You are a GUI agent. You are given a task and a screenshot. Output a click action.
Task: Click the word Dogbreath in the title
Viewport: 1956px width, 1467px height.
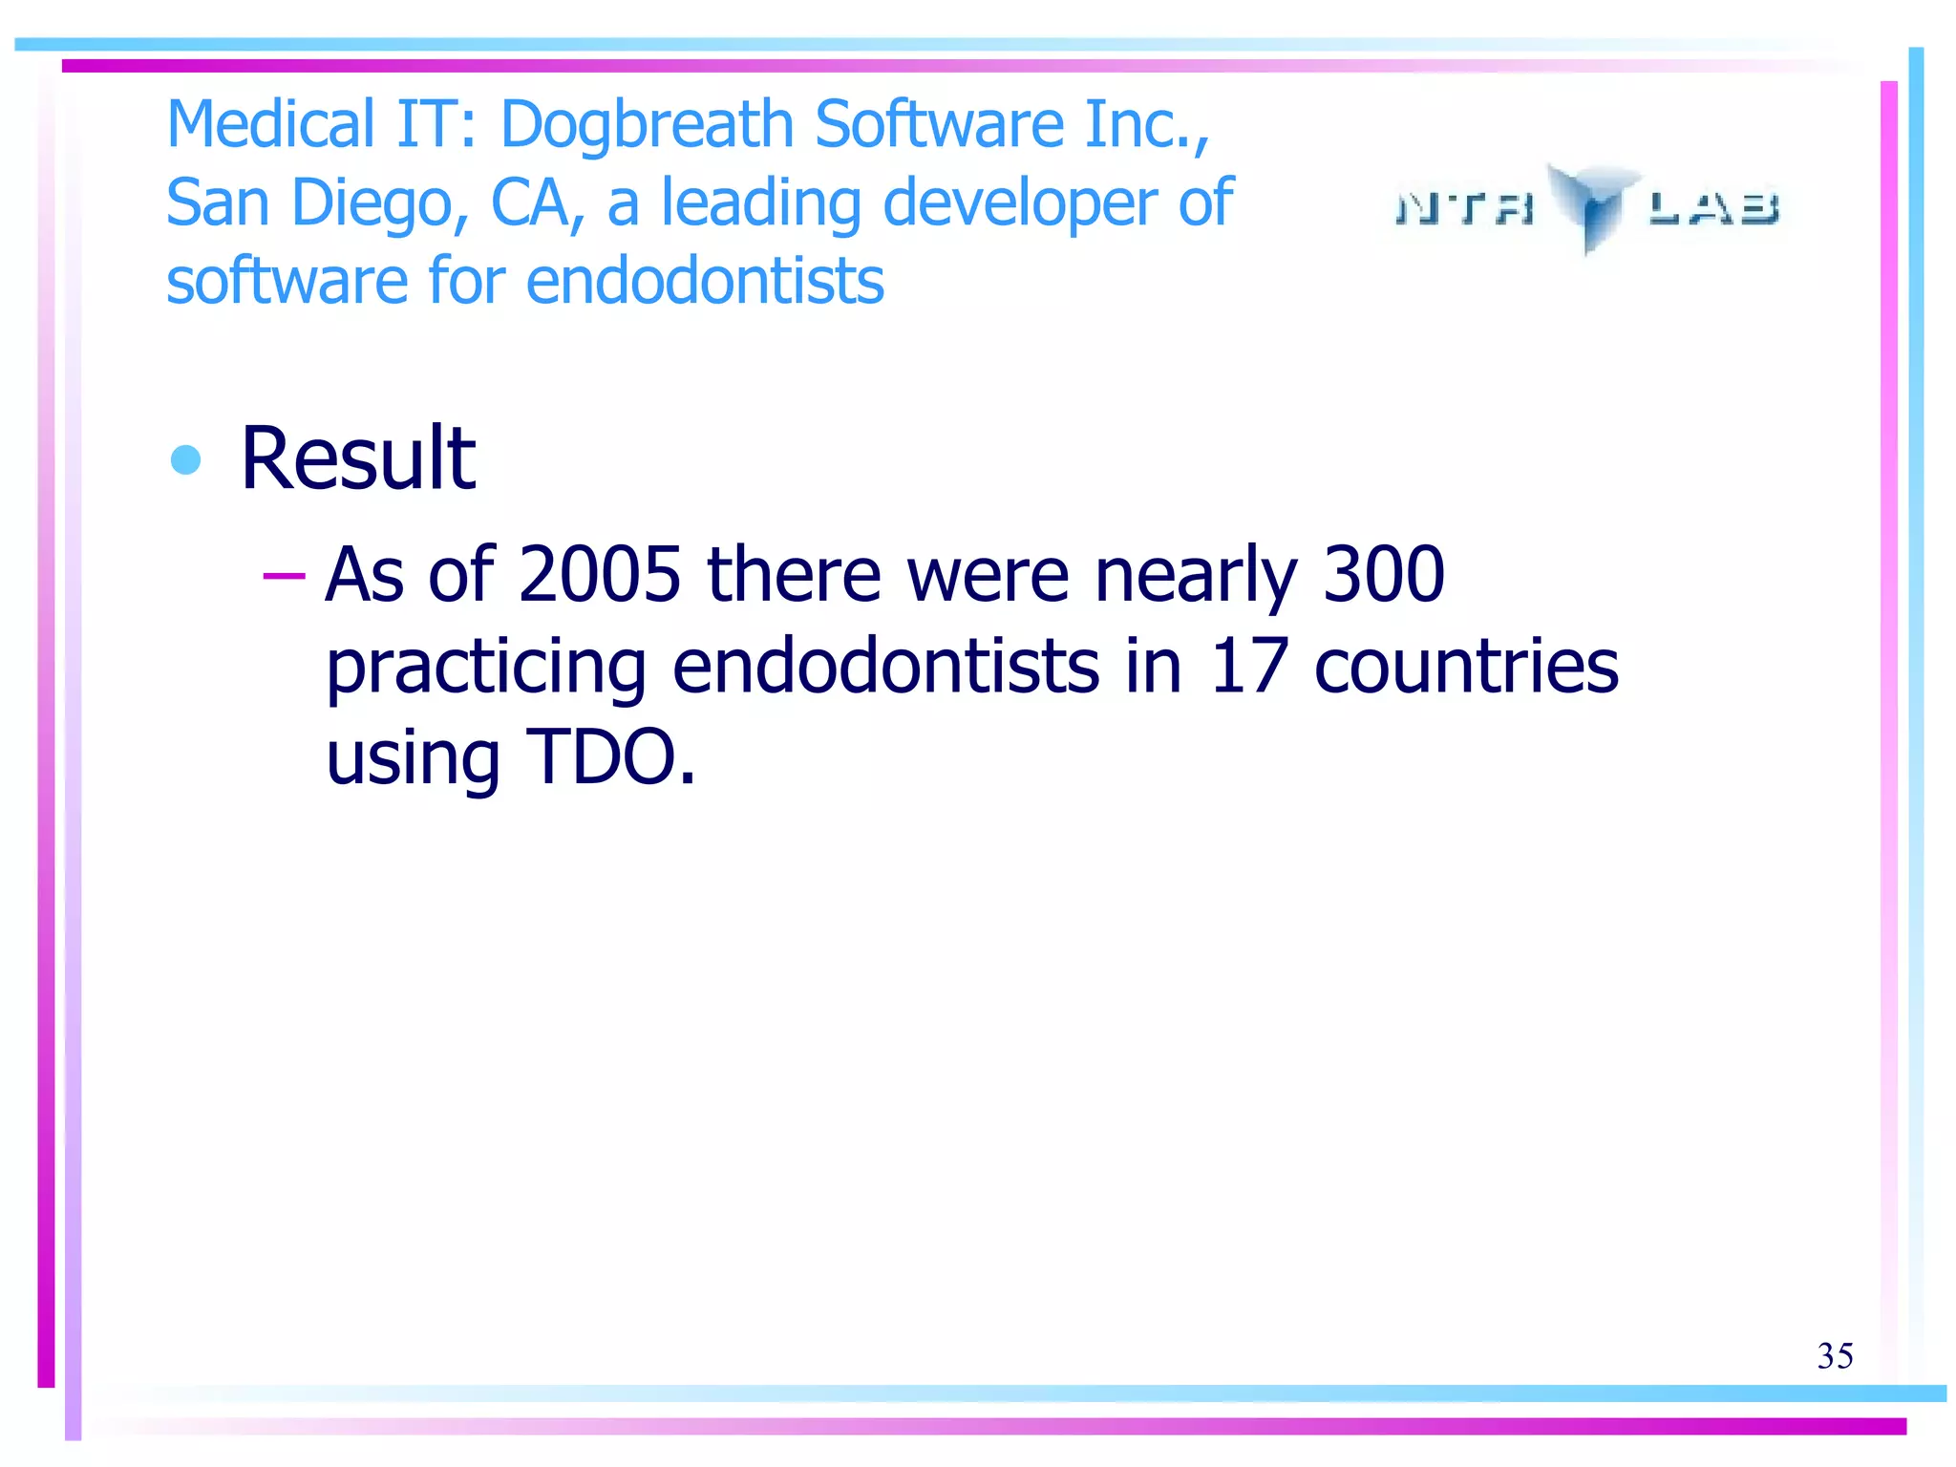tap(647, 125)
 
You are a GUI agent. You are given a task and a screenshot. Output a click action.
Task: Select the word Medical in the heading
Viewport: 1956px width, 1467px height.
tap(270, 125)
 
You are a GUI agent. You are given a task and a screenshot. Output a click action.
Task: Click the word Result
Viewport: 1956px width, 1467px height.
tap(358, 458)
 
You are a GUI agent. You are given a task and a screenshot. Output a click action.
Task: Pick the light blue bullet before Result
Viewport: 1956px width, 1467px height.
tap(185, 460)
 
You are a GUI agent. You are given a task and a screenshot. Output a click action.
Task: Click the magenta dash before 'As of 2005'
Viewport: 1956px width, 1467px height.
tap(284, 575)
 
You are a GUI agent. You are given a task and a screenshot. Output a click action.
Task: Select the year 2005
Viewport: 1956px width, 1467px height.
tap(600, 575)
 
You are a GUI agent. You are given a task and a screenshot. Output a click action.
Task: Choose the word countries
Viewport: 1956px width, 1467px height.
tap(1466, 666)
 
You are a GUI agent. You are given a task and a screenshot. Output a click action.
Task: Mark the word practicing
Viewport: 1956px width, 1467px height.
tap(486, 668)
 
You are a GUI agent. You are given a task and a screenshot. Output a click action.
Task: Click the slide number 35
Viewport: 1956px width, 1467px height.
tap(1835, 1355)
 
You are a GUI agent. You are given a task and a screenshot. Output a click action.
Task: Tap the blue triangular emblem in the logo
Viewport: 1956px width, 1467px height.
tap(1590, 204)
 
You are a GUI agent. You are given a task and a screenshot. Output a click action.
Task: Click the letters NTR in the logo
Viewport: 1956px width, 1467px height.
tap(1465, 208)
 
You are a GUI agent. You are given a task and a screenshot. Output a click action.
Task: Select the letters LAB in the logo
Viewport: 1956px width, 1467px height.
tap(1713, 208)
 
